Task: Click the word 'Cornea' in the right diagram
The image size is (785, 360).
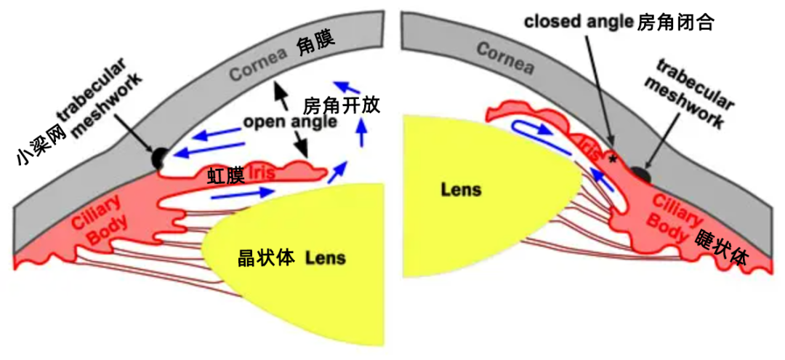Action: click(x=505, y=58)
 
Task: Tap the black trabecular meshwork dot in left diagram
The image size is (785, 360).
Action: click(x=158, y=156)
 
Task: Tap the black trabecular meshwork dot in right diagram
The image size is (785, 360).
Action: click(x=639, y=174)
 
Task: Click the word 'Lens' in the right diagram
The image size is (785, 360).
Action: click(x=461, y=190)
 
